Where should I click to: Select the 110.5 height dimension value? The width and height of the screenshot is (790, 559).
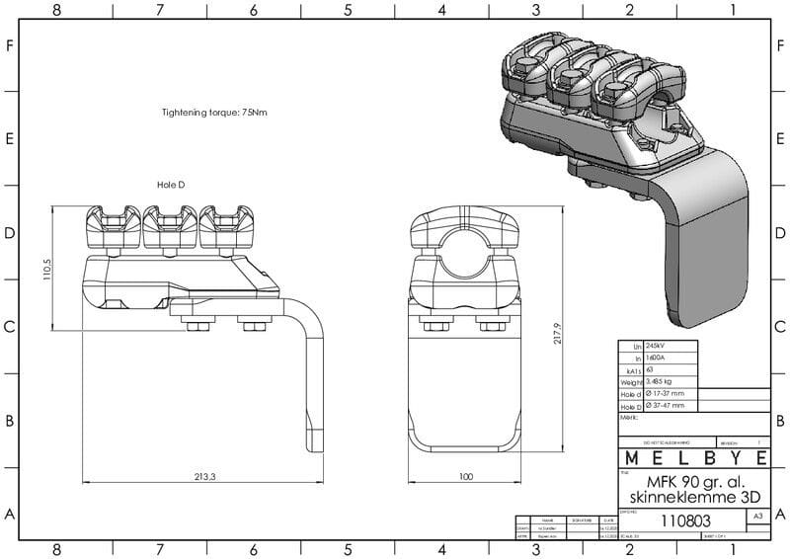[46, 270]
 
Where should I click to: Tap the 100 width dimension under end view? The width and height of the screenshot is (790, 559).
[467, 476]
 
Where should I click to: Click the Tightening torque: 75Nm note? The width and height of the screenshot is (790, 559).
[214, 113]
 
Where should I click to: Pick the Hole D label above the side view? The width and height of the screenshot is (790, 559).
[171, 185]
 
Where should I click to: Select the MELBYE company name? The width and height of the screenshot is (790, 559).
[694, 459]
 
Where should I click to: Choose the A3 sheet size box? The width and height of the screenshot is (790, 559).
[757, 516]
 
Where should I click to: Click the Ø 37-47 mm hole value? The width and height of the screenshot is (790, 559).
[670, 405]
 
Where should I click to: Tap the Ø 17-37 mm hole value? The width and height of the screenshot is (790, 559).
[670, 393]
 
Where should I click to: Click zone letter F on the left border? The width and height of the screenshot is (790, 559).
[9, 46]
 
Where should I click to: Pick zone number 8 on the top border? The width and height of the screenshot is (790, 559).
[56, 10]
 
